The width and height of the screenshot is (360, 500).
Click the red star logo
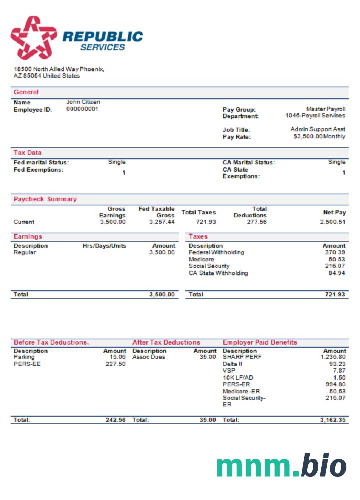click(34, 37)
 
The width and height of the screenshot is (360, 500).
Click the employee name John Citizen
click(83, 102)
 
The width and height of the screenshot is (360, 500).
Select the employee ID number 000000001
click(82, 109)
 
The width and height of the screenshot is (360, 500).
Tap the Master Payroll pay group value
click(325, 109)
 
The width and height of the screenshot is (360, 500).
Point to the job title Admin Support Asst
click(318, 129)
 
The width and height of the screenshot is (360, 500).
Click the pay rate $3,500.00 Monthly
click(319, 136)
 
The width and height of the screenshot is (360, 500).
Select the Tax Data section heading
click(28, 153)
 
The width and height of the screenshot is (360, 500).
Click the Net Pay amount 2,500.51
click(333, 222)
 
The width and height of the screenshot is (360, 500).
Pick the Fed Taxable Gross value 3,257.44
click(162, 222)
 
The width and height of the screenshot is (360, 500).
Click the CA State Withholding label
click(218, 273)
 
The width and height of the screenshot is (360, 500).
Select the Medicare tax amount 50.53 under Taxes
click(336, 260)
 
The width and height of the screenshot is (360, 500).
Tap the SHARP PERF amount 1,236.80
click(333, 357)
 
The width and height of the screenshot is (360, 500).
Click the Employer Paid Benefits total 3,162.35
click(333, 420)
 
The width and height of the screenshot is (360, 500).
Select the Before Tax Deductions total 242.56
click(115, 420)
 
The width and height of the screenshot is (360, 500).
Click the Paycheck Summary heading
click(45, 199)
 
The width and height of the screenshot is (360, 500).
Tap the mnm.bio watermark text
click(281, 466)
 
